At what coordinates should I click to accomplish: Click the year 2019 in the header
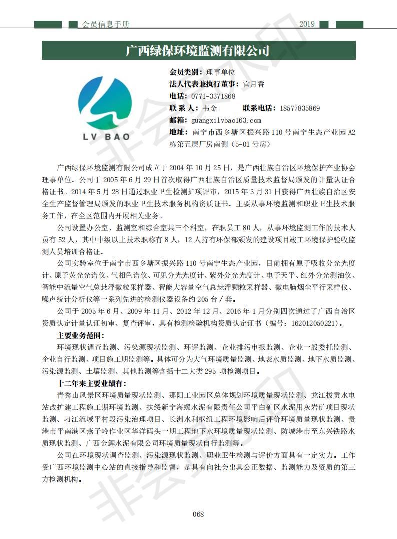306,24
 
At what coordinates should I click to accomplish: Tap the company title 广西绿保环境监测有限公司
198,51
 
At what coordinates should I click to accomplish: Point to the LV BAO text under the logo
106,136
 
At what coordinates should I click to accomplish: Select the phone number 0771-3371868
213,96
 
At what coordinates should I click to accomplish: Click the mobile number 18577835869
299,108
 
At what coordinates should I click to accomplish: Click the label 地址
179,132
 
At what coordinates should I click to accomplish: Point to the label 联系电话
259,108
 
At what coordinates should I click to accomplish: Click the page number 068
198,514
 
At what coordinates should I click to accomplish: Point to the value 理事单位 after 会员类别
221,72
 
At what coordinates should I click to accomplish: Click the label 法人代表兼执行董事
204,84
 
